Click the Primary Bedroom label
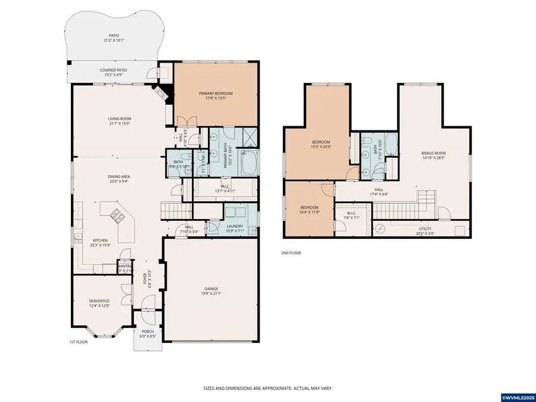tap(215, 94)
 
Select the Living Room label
tap(119, 119)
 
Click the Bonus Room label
tap(434, 153)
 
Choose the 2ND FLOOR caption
tap(291, 253)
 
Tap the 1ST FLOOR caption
tap(78, 342)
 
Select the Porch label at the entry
tap(147, 332)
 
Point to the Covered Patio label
tap(112, 70)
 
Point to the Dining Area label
tap(119, 177)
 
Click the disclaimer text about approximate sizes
tap(267, 388)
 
